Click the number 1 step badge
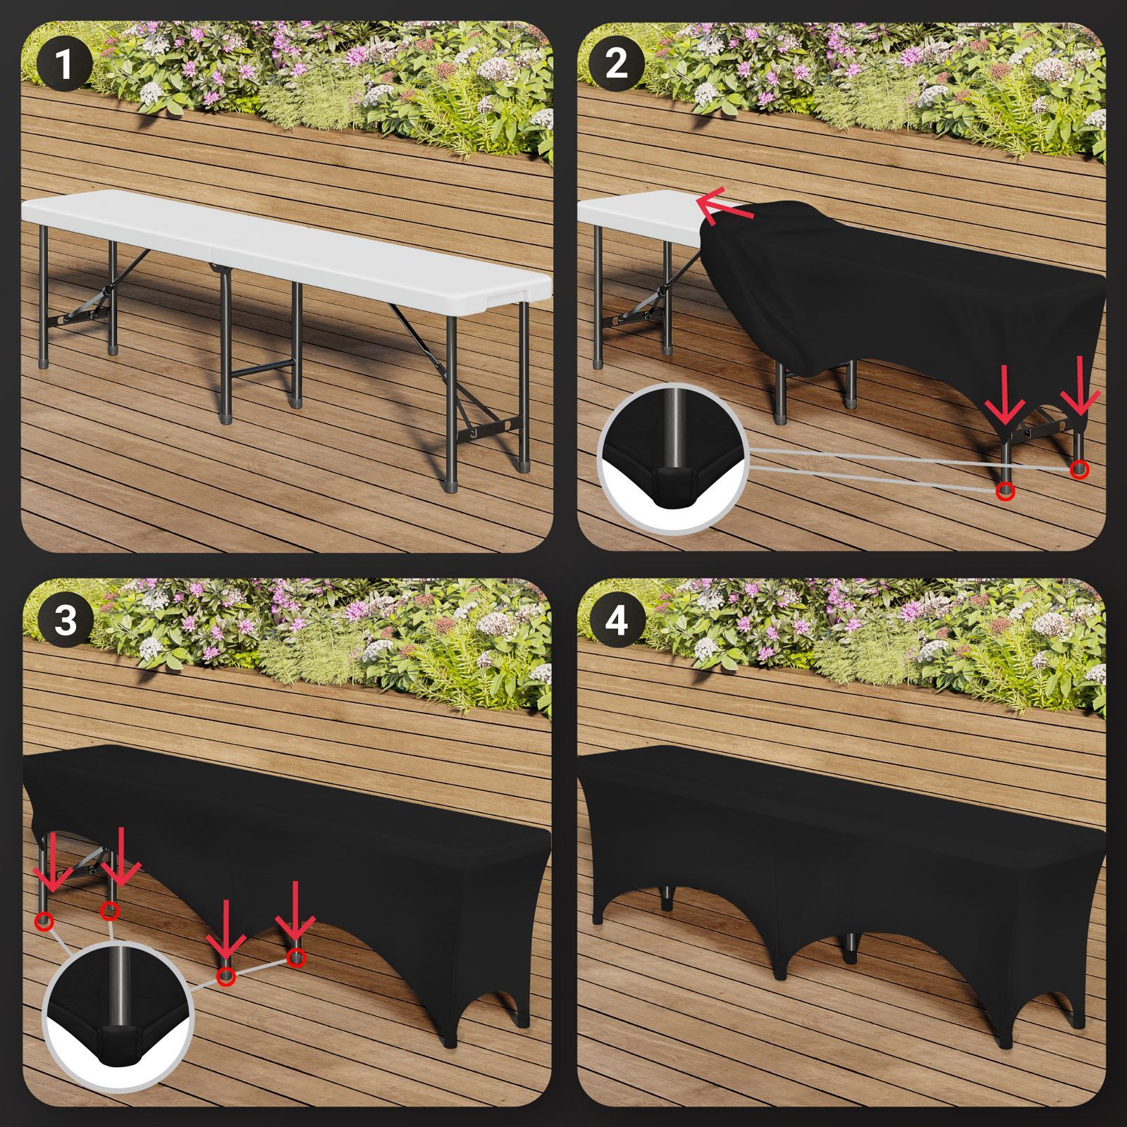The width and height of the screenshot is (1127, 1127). tap(63, 64)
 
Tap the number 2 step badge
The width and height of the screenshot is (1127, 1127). tap(616, 64)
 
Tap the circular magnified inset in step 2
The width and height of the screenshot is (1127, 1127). tap(675, 459)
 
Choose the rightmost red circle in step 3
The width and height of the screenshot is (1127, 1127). tap(297, 957)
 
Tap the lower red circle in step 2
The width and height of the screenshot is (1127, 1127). tap(1006, 492)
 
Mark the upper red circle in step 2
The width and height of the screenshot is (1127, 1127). tap(1078, 469)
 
